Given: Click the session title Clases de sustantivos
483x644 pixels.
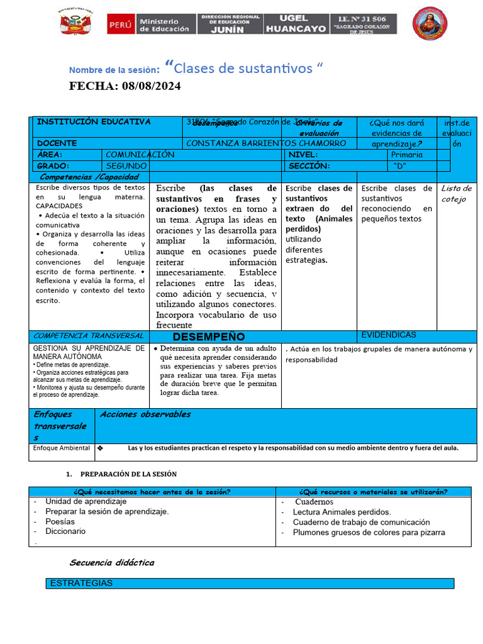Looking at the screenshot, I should pyautogui.click(x=242, y=68).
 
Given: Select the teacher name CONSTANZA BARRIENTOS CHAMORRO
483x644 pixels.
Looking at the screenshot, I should pyautogui.click(x=266, y=143).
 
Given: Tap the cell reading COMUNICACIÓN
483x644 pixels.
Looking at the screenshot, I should pyautogui.click(x=140, y=155).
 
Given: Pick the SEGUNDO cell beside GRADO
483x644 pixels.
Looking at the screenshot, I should pyautogui.click(x=126, y=166).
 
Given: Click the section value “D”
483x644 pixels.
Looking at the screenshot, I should pyautogui.click(x=399, y=166).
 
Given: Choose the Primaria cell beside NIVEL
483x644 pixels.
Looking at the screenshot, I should pyautogui.click(x=407, y=155).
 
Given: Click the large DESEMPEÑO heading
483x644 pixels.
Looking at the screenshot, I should pyautogui.click(x=208, y=337).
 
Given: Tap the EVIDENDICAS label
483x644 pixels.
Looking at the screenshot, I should pyautogui.click(x=388, y=335).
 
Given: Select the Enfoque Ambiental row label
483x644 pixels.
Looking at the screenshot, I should pyautogui.click(x=61, y=448).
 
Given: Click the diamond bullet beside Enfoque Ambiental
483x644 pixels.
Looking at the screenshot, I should pyautogui.click(x=100, y=449).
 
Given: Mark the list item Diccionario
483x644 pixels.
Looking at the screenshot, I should pyautogui.click(x=65, y=531).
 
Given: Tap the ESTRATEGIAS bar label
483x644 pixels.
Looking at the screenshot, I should pyautogui.click(x=81, y=583).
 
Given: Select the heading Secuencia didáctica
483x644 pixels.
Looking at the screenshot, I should pyautogui.click(x=112, y=562).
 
